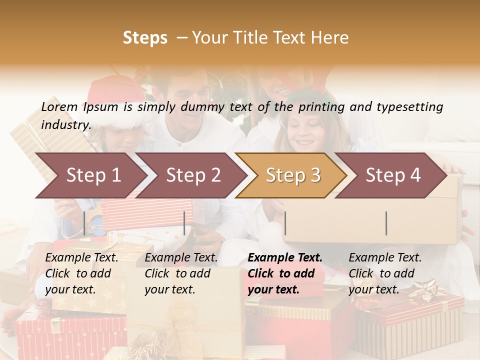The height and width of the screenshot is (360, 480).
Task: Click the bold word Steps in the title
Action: coord(145,38)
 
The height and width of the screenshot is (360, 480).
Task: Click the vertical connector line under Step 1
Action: coord(84,223)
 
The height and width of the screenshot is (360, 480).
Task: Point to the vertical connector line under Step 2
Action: coord(184,223)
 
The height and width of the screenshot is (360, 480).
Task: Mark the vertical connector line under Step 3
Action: coord(285,223)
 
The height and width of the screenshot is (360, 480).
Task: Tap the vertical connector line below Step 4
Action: coord(386,223)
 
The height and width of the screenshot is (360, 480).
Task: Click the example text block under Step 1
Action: coord(81,273)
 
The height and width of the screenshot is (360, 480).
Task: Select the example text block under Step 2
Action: coord(181,273)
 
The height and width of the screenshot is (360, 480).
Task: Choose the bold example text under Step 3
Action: coord(285,273)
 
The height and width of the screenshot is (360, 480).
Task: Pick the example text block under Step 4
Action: coord(385,273)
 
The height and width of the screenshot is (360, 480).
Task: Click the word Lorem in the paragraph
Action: coord(59,107)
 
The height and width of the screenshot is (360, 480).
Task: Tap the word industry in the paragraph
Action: coord(66,125)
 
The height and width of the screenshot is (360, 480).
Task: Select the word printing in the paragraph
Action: coord(321,107)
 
